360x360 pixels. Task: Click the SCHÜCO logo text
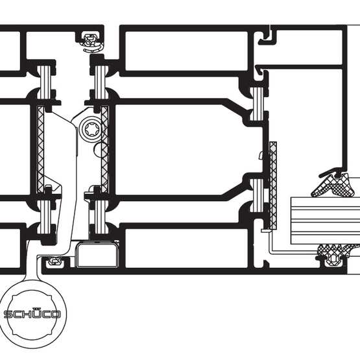pos(32,314)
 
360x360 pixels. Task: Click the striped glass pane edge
pos(326,221)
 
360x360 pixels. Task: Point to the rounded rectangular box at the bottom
pos(97,255)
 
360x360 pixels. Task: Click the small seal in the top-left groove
pos(91,43)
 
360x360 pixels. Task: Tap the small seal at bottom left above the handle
pos(54,261)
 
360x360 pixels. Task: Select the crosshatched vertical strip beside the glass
pos(273,186)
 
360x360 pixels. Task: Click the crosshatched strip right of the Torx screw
pos(104,149)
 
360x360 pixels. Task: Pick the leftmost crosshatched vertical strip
pos(41,149)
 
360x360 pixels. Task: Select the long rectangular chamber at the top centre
pos(186,51)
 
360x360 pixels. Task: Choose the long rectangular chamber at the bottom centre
pos(186,248)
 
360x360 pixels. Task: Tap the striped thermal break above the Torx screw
pos(101,82)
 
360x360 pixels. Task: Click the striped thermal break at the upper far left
pos(44,82)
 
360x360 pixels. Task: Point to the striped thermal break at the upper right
pos(258,104)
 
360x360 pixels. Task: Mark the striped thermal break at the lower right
pos(258,195)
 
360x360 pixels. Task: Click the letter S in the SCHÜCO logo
pos(8,314)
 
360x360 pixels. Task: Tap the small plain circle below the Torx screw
pos(100,149)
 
